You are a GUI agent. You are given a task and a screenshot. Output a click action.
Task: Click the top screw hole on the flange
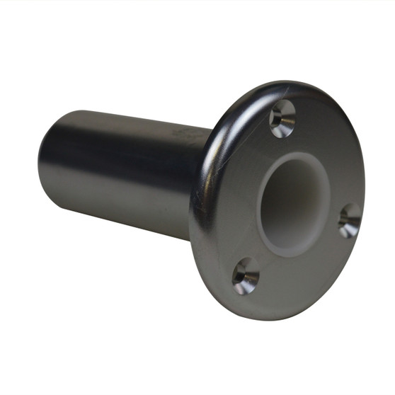coord(282,118)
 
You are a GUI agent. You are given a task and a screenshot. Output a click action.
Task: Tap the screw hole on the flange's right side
coord(349,221)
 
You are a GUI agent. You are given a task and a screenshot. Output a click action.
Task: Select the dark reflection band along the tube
coord(120,152)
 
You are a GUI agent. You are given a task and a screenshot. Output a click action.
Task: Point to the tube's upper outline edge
coord(127,115)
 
